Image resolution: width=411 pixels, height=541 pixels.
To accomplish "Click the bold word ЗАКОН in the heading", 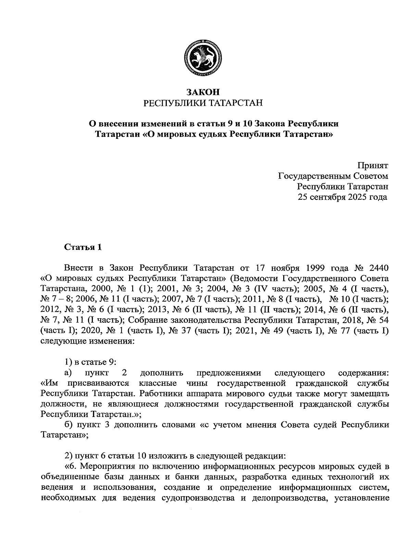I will pyautogui.click(x=202, y=92).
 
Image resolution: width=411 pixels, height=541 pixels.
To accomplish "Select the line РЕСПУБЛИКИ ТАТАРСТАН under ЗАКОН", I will pyautogui.click(x=202, y=102).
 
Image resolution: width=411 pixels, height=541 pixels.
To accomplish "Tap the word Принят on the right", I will pyautogui.click(x=373, y=166).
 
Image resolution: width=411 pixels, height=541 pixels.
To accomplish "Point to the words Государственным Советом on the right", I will pyautogui.click(x=333, y=176).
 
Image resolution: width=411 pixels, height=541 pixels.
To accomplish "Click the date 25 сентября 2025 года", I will pyautogui.click(x=343, y=197).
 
